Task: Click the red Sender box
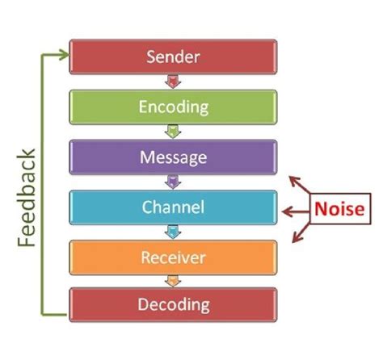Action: [173, 57]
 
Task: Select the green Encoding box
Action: [173, 107]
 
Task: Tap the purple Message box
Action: [173, 157]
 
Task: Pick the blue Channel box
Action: [173, 207]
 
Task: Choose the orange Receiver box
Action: [173, 257]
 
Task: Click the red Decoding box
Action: [173, 304]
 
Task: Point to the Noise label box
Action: [340, 209]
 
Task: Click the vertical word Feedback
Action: [27, 197]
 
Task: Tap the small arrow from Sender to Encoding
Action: [173, 82]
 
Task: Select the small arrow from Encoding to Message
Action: [173, 132]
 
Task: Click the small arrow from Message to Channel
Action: [173, 182]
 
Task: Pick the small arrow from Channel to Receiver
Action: [173, 232]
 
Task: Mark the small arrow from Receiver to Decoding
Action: [173, 281]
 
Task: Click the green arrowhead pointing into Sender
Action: [65, 55]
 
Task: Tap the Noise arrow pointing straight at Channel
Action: [296, 211]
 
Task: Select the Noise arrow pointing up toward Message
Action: [300, 184]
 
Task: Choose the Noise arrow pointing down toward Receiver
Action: [301, 233]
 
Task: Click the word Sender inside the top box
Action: [173, 57]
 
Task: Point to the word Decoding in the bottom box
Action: [174, 305]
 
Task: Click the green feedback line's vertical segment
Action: [42, 185]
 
